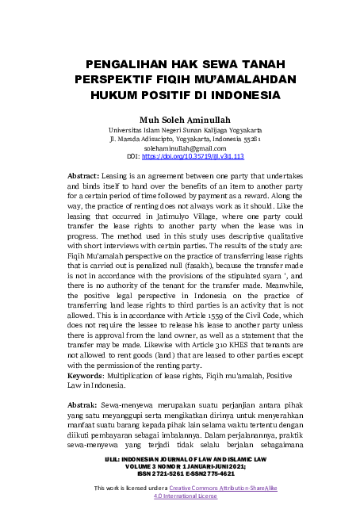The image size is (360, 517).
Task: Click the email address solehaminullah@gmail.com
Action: point(179,148)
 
